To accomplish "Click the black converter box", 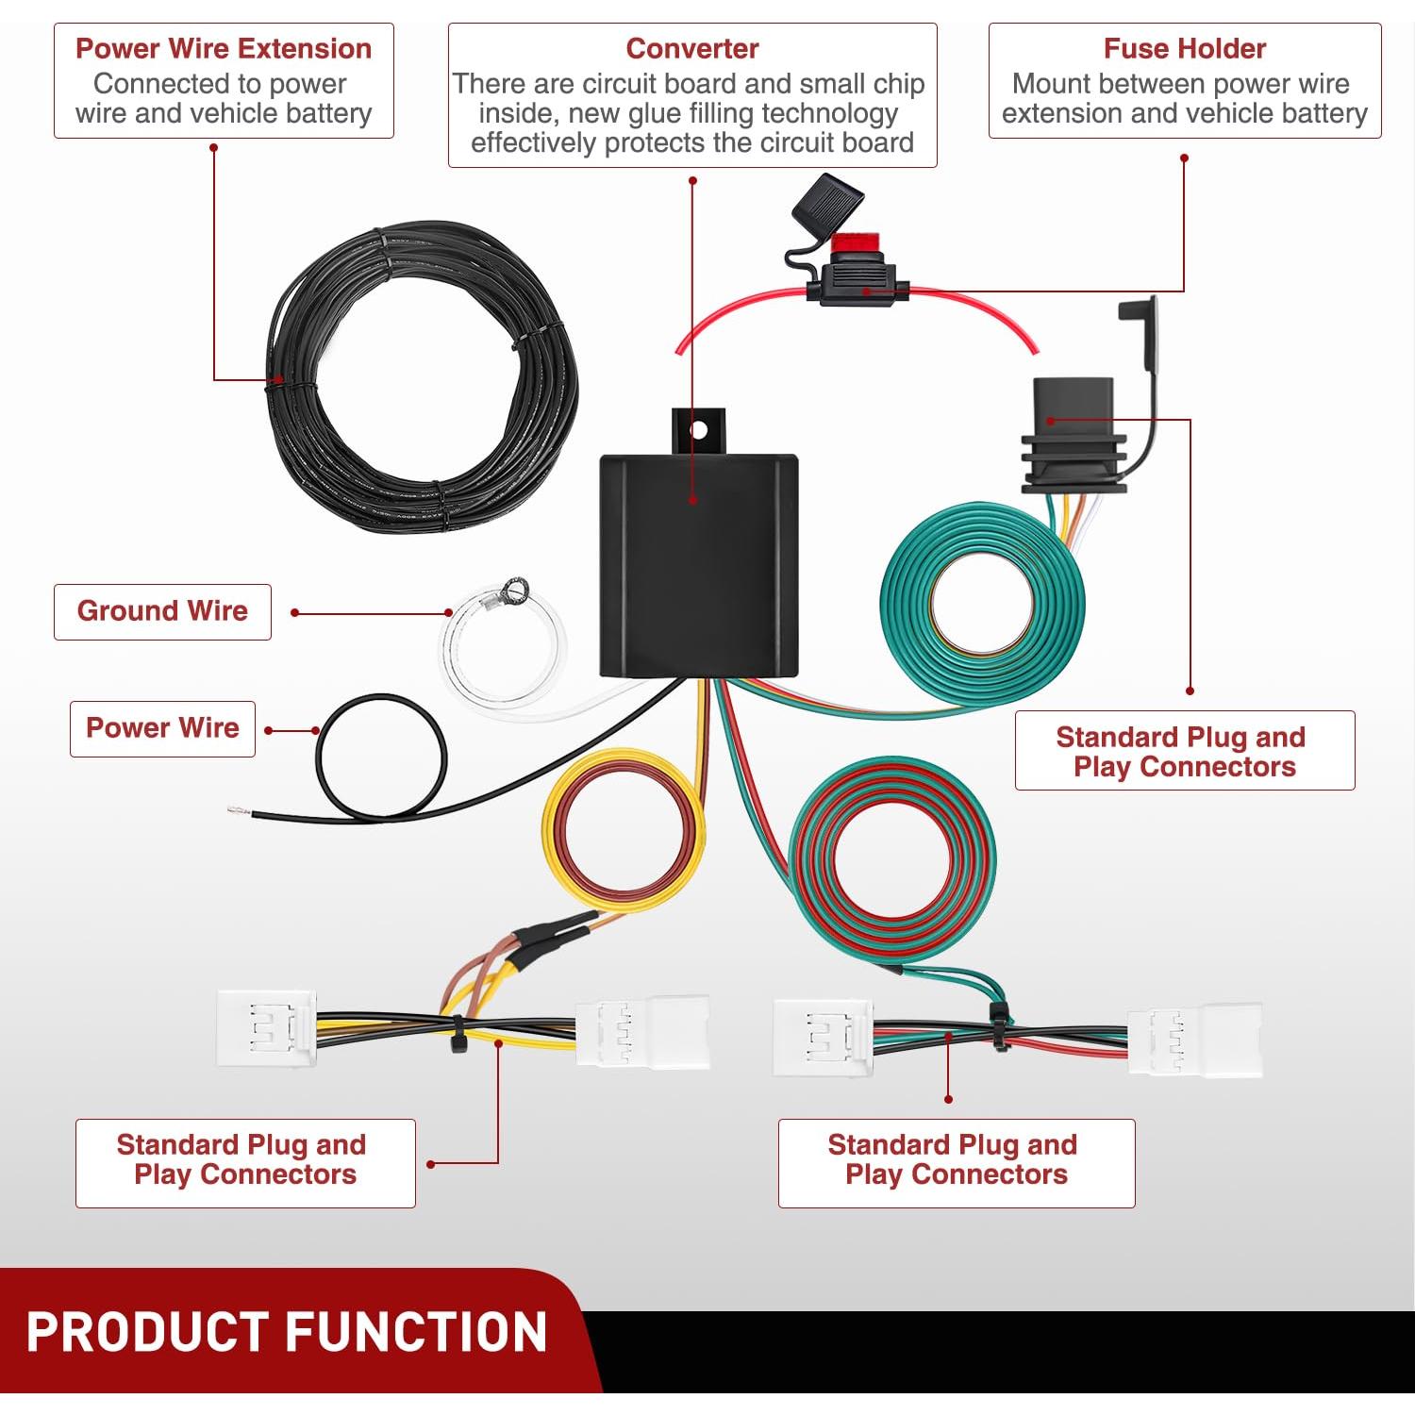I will click(698, 566).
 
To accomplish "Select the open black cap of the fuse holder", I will click(828, 203).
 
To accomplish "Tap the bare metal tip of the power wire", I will click(236, 810).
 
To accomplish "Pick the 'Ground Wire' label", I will click(162, 611).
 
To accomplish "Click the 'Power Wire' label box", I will click(162, 728).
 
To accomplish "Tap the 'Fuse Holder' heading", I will click(1184, 48).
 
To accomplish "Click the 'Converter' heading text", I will click(691, 48).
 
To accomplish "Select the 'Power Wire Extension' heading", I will click(224, 48).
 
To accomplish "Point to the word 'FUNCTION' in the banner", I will click(415, 1332).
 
